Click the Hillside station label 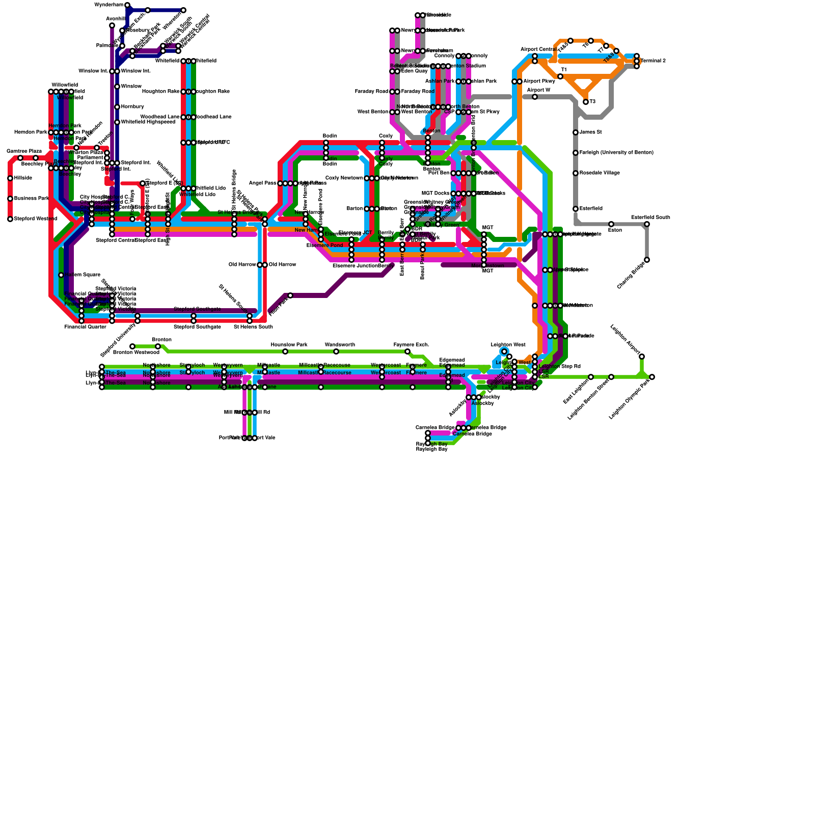pyautogui.click(x=23, y=178)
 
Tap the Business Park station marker pyautogui.click(x=10, y=199)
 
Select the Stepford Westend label pyautogui.click(x=35, y=219)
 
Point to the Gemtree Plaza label pyautogui.click(x=24, y=151)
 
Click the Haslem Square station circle pyautogui.click(x=61, y=275)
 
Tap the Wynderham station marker pyautogui.click(x=127, y=5)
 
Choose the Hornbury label pyautogui.click(x=132, y=107)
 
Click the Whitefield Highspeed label pyautogui.click(x=148, y=122)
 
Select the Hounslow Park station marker pyautogui.click(x=285, y=351)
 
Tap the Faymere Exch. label pyautogui.click(x=411, y=345)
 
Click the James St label pyautogui.click(x=590, y=132)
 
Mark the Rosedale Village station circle pyautogui.click(x=576, y=173)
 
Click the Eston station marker pyautogui.click(x=611, y=224)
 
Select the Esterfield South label pyautogui.click(x=650, y=218)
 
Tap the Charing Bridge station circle pyautogui.click(x=647, y=260)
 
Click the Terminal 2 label pyautogui.click(x=653, y=61)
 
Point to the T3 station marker pyautogui.click(x=586, y=102)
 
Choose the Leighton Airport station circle pyautogui.click(x=642, y=357)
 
